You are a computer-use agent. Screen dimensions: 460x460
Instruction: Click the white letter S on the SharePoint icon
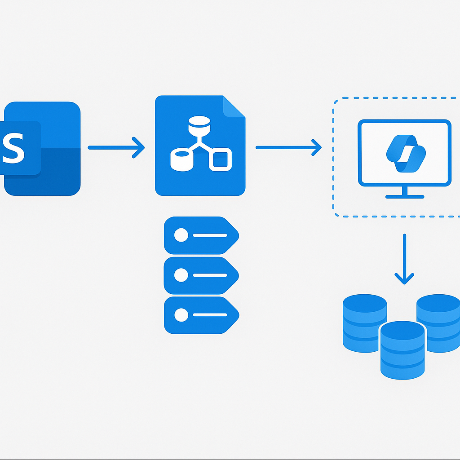coord(13,148)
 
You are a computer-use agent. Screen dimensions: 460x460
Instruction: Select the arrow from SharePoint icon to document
coord(116,147)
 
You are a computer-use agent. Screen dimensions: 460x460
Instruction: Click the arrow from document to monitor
coord(289,147)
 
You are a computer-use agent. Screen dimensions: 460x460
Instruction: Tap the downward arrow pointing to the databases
coord(404,259)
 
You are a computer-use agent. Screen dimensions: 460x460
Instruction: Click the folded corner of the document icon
coord(234,106)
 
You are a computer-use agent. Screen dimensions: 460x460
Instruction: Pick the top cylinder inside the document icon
coord(199,126)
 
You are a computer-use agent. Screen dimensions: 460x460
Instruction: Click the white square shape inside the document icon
coord(220,159)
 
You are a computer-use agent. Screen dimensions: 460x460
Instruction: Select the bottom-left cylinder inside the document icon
coord(182,159)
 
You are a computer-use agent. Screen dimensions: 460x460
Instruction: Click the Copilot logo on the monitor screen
coord(406,154)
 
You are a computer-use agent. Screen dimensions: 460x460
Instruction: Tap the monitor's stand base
coord(405,197)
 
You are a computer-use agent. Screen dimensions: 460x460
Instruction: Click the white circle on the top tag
coord(181,235)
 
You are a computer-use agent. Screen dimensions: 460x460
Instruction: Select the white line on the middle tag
coord(210,275)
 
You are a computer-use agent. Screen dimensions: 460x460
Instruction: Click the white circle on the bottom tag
coord(181,315)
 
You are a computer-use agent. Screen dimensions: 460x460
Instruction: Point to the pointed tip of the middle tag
coord(239,276)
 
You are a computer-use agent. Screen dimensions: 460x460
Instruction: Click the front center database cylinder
coord(402,350)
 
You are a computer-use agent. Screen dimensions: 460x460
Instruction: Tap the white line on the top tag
coord(210,235)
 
